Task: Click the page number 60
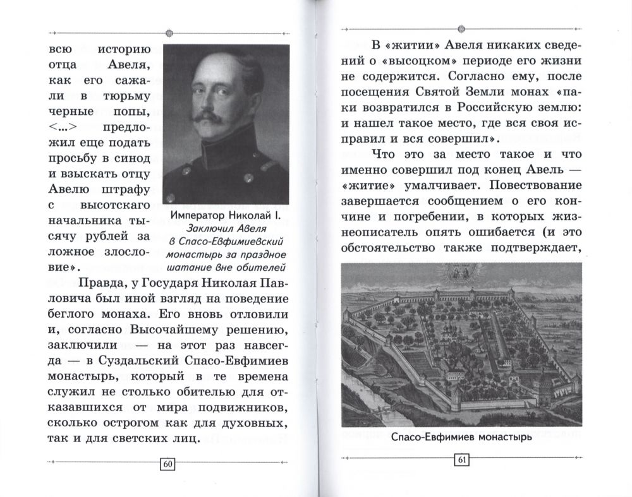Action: click(167, 465)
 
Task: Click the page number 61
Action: click(460, 460)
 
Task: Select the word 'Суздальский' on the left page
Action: click(134, 361)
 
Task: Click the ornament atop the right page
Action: click(461, 29)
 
